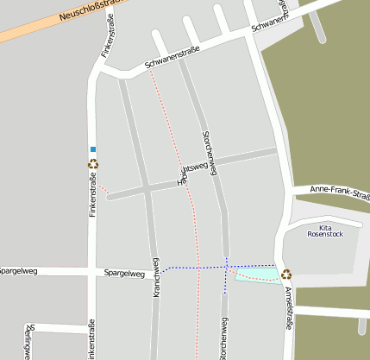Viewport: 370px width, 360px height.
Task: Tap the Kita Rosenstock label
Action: tap(325, 230)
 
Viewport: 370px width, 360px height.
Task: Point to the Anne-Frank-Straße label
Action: tap(339, 193)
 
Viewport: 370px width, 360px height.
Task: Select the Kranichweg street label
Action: tap(156, 278)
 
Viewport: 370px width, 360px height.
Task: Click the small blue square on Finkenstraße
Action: tap(93, 149)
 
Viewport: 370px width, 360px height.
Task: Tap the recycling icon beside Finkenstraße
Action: tap(93, 163)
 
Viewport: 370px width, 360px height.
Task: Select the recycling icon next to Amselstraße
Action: tap(286, 275)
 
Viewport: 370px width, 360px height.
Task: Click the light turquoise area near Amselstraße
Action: tap(258, 274)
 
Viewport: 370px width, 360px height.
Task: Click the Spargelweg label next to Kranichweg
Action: tap(123, 273)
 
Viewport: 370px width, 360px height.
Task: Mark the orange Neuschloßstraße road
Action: tap(34, 31)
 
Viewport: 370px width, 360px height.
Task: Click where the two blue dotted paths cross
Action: tap(226, 267)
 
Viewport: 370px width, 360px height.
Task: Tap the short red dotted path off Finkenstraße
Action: tap(102, 186)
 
